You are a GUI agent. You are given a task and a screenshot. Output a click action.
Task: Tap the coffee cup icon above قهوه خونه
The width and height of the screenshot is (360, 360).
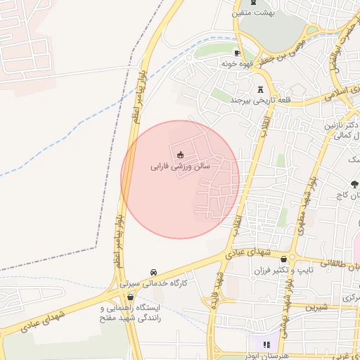pos(237,53)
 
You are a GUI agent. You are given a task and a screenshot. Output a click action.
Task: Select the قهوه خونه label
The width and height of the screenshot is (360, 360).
pos(237,63)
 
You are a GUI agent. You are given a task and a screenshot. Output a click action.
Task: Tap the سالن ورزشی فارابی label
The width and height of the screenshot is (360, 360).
pos(180,167)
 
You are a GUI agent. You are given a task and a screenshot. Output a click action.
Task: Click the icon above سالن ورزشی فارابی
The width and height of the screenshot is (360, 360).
pos(181,155)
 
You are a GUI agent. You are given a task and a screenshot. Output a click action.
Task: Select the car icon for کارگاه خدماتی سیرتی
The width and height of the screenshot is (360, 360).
pos(153,273)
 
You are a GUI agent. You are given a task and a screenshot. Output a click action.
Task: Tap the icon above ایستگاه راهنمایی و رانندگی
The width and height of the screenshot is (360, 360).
pos(131,297)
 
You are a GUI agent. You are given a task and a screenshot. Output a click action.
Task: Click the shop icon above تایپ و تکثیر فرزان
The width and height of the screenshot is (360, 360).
pos(284,258)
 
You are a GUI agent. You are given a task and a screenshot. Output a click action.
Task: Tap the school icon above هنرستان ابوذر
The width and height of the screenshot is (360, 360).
pos(266,345)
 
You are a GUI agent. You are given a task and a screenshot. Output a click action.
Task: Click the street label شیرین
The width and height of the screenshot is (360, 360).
pos(316,307)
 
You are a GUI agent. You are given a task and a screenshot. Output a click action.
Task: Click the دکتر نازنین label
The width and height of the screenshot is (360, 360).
pos(338,124)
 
